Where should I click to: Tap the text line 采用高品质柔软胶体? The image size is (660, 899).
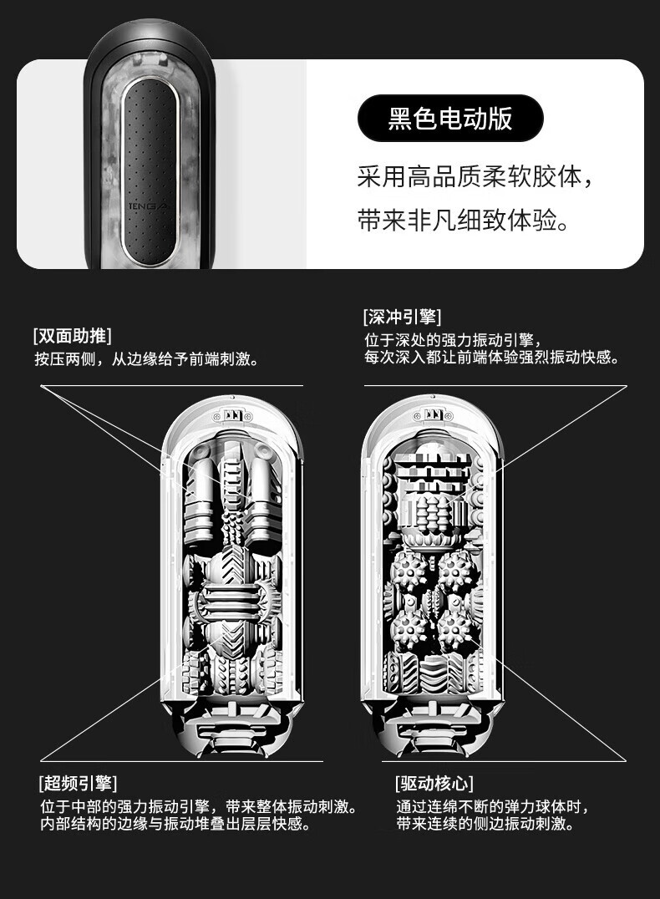coord(479,177)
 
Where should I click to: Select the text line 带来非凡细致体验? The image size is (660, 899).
coord(465,222)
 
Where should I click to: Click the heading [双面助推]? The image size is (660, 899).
coord(72,336)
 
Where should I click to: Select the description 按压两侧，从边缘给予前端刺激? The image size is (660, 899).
coord(145,359)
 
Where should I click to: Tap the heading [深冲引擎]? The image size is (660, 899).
coord(403,317)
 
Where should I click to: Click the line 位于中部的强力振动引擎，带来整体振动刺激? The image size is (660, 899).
coord(199,807)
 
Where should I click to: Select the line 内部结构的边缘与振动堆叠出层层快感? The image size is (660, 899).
coord(175,825)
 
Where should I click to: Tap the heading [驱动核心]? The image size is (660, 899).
coord(434,783)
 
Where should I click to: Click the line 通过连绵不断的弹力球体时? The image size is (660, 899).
coord(493,807)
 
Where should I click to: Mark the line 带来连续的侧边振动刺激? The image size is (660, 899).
coord(485,825)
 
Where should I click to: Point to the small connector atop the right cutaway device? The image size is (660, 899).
coord(432,414)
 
